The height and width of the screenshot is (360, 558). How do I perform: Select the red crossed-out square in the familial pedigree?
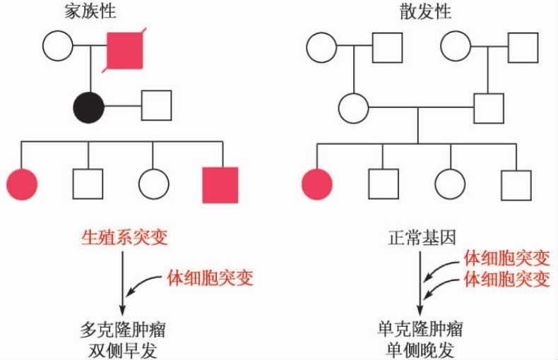tap(124, 50)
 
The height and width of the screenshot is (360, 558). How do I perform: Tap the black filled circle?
tap(89, 107)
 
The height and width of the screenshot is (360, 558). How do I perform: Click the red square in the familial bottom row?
tap(220, 185)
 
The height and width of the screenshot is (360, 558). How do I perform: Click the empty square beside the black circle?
tap(157, 107)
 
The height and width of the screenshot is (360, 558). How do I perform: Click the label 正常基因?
tap(422, 238)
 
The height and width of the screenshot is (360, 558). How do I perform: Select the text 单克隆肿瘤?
tap(421, 330)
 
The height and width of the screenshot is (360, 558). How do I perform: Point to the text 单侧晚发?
tap(421, 350)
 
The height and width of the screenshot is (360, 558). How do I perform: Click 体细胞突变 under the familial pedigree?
tap(210, 277)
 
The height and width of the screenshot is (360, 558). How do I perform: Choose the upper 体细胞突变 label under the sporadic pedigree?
tap(506, 258)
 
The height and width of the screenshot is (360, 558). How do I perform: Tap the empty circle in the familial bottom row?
tap(154, 184)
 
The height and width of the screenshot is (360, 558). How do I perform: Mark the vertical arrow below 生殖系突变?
tap(124, 282)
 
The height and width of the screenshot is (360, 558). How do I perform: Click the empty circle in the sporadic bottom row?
tap(450, 184)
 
